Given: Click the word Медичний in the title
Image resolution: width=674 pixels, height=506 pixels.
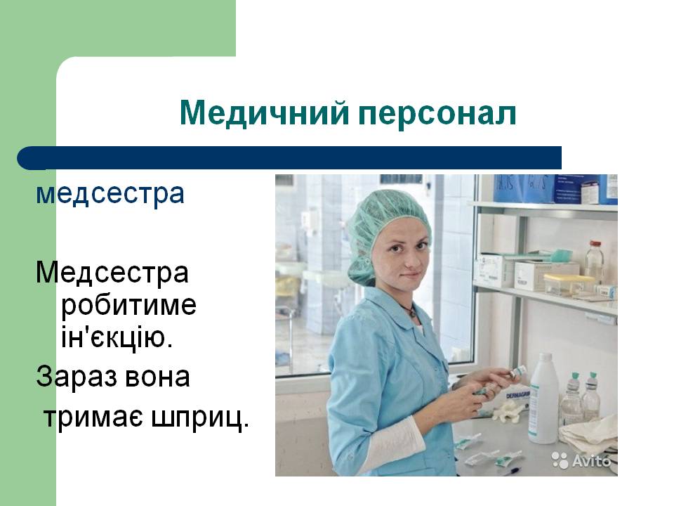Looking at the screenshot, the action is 264,112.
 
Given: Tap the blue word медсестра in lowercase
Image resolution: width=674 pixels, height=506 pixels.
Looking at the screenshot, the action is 110,194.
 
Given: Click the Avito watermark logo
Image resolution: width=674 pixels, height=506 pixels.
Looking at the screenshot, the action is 581,460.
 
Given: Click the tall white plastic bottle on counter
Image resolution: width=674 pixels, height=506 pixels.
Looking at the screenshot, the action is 543,398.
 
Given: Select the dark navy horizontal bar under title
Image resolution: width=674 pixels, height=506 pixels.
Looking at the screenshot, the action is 289,158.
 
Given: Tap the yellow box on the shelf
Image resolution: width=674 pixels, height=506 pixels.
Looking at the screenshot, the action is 568,285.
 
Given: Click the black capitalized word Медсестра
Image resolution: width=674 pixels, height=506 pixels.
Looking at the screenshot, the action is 112,273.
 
